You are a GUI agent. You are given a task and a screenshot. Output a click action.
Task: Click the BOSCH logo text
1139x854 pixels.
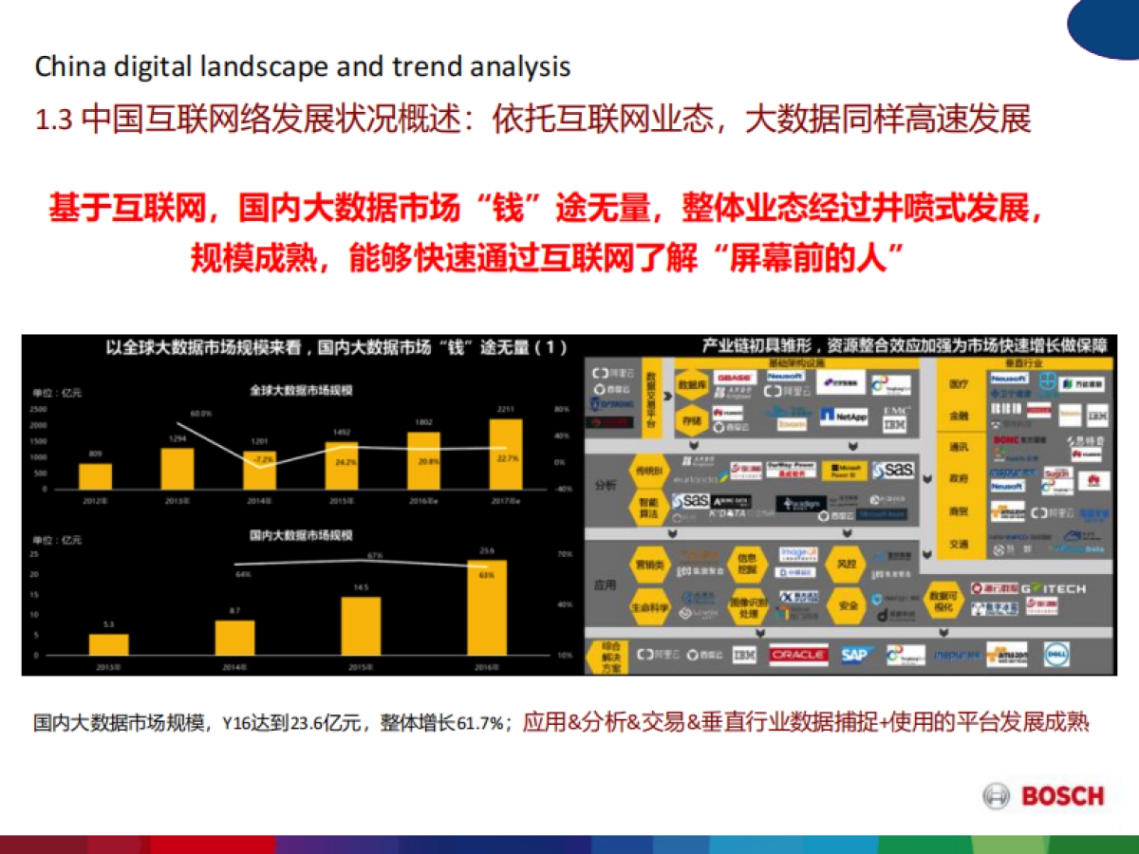(1062, 796)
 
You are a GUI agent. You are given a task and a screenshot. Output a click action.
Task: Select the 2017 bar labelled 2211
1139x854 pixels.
(506, 454)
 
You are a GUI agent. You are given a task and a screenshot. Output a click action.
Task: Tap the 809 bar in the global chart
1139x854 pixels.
(95, 475)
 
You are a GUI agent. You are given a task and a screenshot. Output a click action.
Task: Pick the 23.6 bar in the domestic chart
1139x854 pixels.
(487, 607)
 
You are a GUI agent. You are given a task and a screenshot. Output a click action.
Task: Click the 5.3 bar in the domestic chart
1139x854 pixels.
(108, 644)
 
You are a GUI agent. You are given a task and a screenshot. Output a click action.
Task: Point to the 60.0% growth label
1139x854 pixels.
(200, 414)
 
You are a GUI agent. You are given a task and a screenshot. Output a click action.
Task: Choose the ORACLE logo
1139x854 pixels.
(798, 655)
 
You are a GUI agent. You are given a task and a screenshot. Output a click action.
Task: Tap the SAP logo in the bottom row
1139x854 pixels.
(856, 655)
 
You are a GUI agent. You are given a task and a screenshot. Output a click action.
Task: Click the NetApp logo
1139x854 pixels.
(844, 416)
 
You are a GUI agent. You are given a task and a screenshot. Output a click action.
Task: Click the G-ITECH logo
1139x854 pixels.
(1059, 588)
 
